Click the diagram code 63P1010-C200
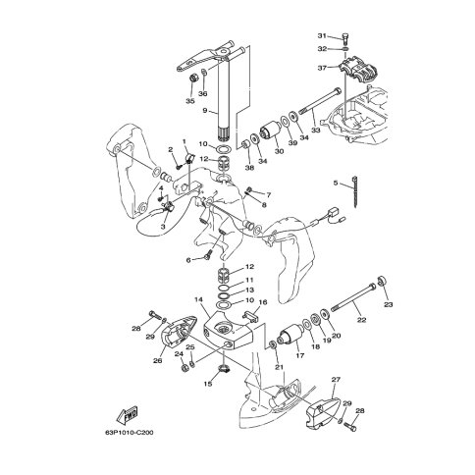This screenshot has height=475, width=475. coord(130,433)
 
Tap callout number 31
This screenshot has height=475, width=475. coord(322,35)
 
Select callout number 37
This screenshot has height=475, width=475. coord(322,68)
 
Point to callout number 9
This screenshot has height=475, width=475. coord(205,111)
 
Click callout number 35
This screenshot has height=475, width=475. coord(190,101)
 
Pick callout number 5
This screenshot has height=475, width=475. coord(336,183)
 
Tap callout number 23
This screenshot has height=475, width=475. coord(389,304)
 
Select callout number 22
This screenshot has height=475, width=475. coord(361,320)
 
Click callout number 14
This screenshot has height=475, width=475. coord(198,299)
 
